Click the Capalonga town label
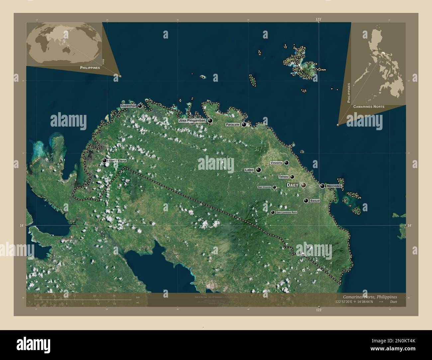pos(128,106)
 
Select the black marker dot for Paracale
pos(244,125)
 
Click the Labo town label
pos(249,170)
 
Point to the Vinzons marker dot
pos(286,163)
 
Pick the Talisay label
pos(283,177)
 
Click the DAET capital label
pos(292,185)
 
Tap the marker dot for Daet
pos(303,185)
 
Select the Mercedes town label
pos(334,186)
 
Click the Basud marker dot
pos(306,201)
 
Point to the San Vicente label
pos(265,187)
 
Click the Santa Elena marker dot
pos(105,160)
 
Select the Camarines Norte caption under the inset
pos(369,107)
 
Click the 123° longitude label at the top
pos(319,20)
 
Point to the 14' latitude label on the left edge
pos(21,225)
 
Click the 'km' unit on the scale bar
pos(138,297)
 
